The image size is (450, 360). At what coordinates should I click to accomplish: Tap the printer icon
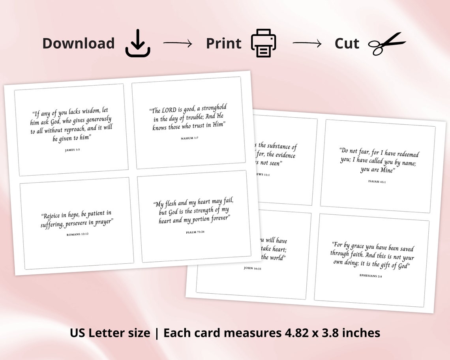pos(263,43)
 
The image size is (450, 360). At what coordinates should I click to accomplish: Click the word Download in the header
pos(78,43)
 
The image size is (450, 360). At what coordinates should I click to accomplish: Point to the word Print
pos(223,43)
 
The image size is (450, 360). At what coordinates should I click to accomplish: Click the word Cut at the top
pos(347,43)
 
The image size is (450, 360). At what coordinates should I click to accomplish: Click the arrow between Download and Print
pos(177,43)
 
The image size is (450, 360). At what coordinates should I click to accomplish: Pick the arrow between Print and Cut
pos(307,43)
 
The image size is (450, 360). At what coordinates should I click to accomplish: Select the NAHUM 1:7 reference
pos(189,138)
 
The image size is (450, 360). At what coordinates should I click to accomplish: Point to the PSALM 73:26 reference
pos(195,232)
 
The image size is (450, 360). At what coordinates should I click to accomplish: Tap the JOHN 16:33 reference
pos(253,268)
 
